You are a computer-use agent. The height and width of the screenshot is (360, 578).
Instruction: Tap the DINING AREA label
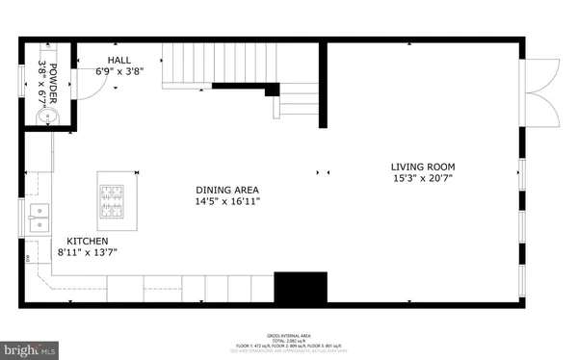click(x=226, y=191)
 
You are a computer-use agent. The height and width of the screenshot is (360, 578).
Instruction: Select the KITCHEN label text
click(x=87, y=241)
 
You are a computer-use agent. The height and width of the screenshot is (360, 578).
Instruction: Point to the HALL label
click(x=119, y=60)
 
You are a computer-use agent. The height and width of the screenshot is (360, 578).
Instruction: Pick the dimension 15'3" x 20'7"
click(x=422, y=178)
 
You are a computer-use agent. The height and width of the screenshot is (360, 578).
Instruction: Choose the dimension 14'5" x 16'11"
click(x=226, y=202)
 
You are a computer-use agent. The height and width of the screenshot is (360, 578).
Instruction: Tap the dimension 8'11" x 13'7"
click(x=87, y=252)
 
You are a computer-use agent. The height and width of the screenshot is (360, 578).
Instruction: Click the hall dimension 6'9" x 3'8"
click(x=119, y=71)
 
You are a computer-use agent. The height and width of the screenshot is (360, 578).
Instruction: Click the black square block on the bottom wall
click(x=302, y=287)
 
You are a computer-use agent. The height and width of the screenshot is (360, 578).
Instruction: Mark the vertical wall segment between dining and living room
click(x=324, y=86)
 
